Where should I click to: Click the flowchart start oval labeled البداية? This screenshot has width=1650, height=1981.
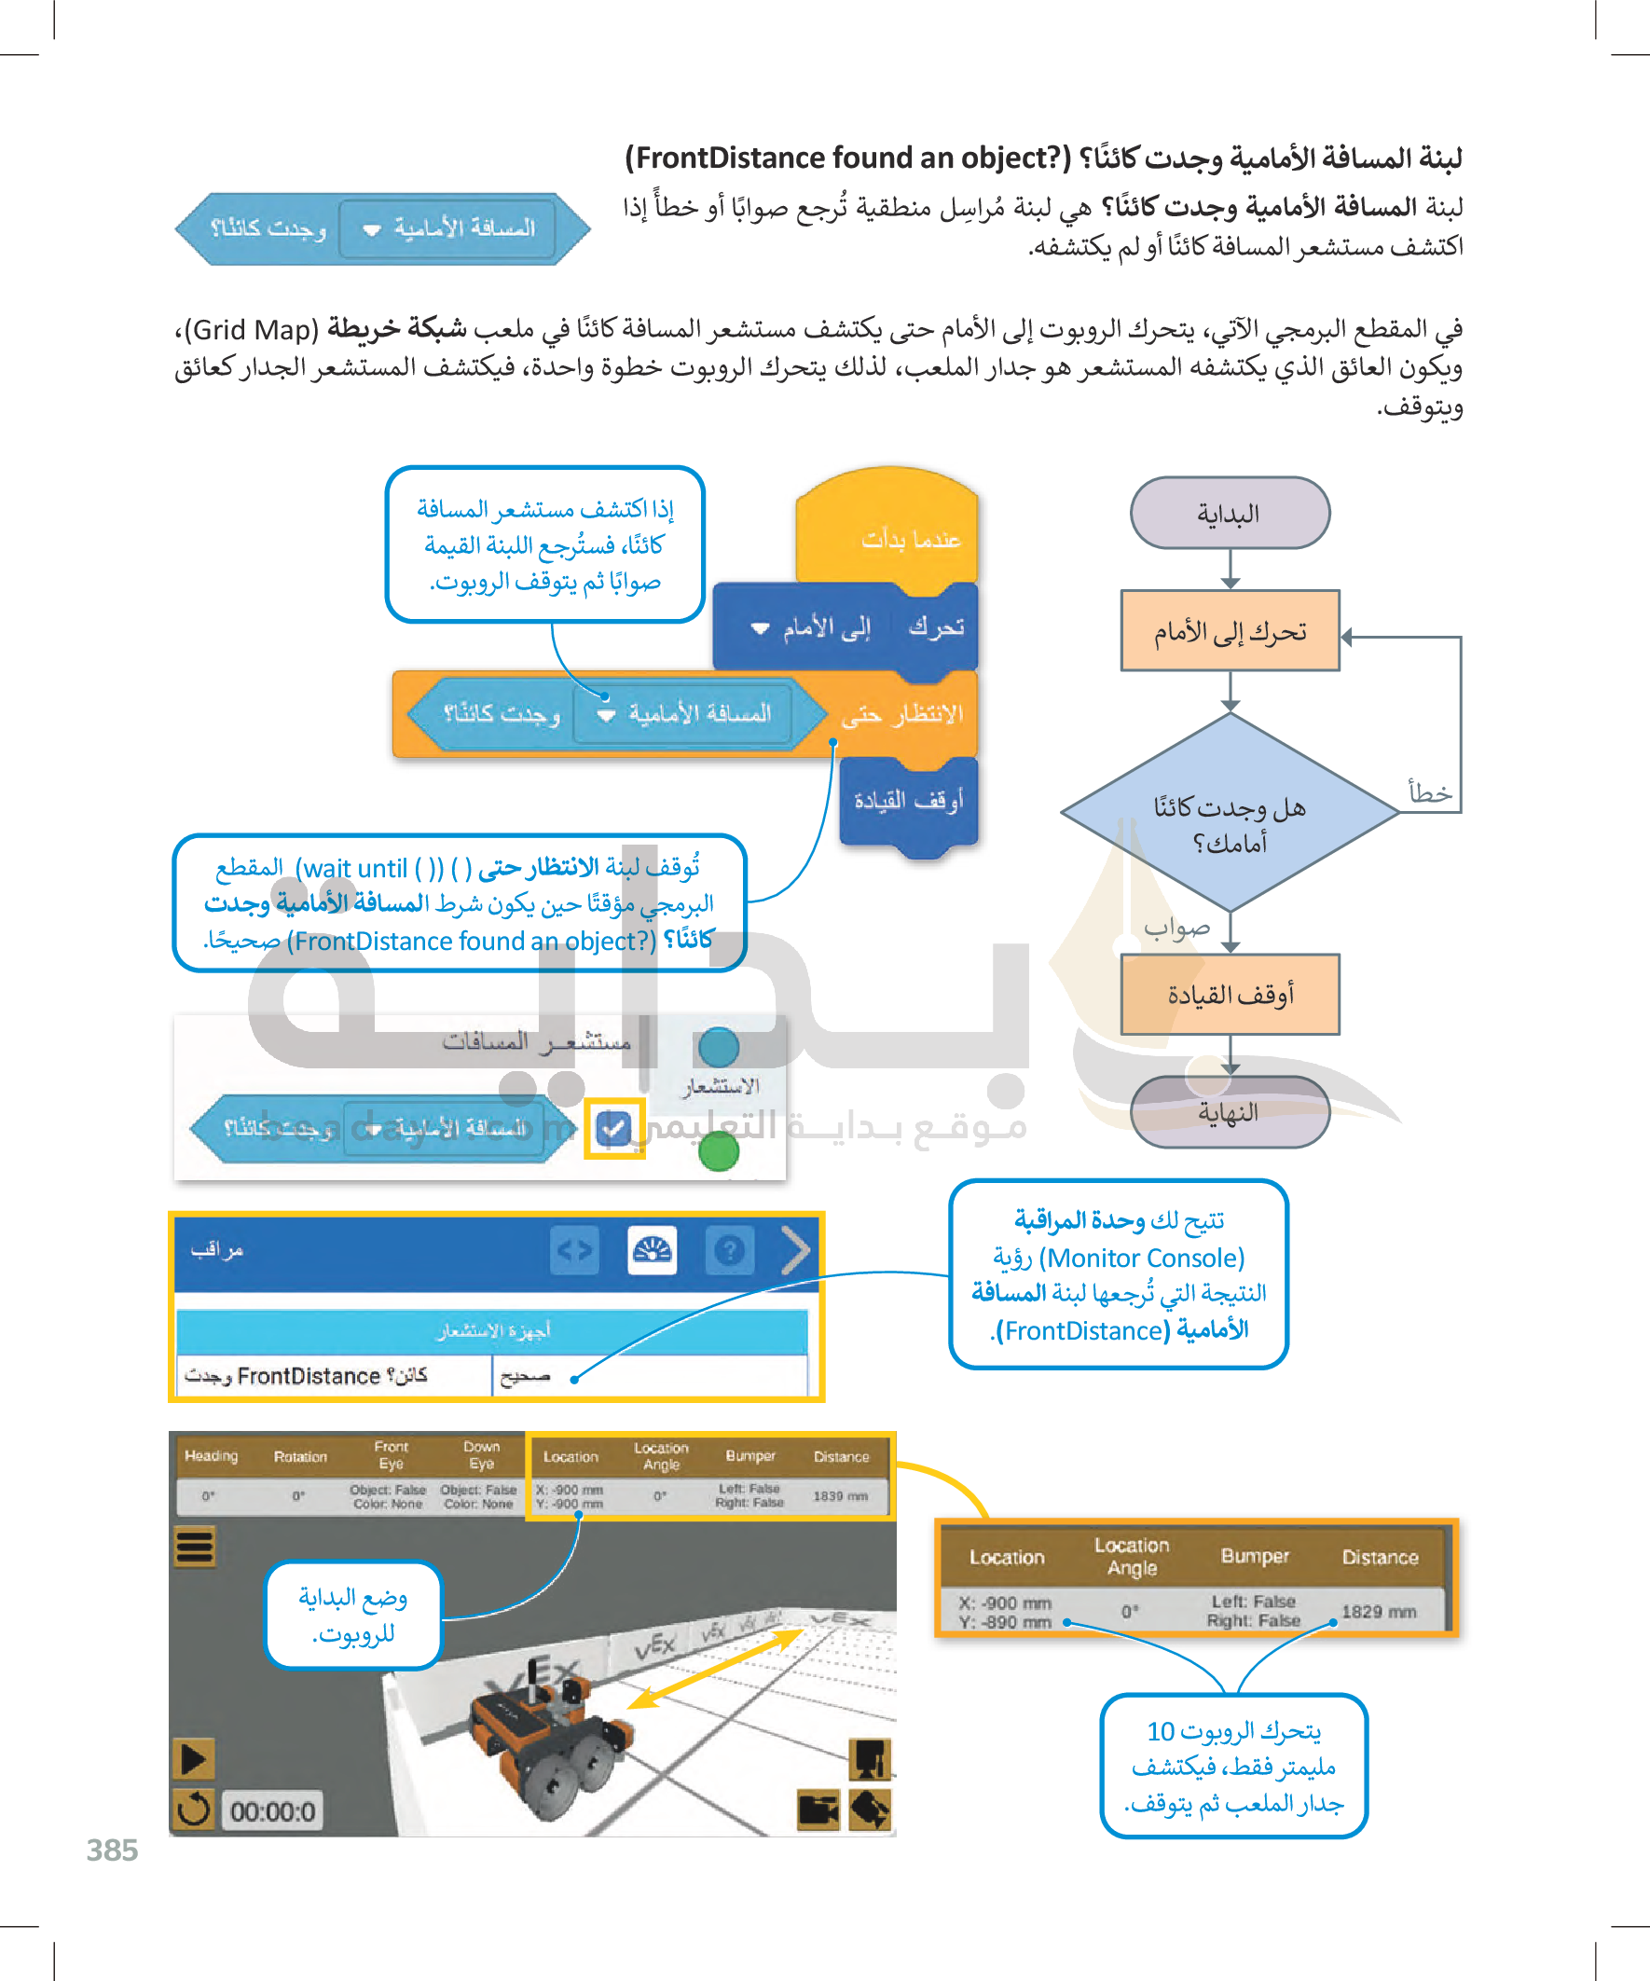tap(1230, 513)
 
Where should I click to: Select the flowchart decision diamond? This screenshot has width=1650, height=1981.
tap(1230, 813)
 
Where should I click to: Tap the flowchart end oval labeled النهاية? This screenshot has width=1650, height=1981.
tap(1230, 1112)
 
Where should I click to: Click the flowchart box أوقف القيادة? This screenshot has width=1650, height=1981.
tap(1230, 995)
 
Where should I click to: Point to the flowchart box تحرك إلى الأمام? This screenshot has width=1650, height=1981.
tap(1230, 631)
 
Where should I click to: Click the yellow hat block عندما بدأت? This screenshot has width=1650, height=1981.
tap(887, 533)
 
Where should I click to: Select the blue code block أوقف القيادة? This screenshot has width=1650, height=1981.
tap(908, 802)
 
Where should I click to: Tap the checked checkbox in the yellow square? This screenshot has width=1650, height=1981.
tap(614, 1127)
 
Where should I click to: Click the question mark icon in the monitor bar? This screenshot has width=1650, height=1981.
tap(729, 1251)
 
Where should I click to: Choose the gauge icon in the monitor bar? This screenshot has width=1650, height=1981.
tap(652, 1251)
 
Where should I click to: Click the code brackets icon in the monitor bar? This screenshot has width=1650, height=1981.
tap(574, 1251)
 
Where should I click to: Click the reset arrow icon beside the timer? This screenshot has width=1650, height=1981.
tap(194, 1809)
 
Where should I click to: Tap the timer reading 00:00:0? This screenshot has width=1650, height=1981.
tap(272, 1811)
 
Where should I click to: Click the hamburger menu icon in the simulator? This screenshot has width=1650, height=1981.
tap(195, 1548)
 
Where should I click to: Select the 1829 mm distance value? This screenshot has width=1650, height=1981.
tap(1379, 1611)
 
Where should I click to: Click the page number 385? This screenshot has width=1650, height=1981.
tap(112, 1850)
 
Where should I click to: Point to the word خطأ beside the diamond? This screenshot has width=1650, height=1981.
tap(1429, 792)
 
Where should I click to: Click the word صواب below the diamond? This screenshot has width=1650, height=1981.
tap(1176, 929)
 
